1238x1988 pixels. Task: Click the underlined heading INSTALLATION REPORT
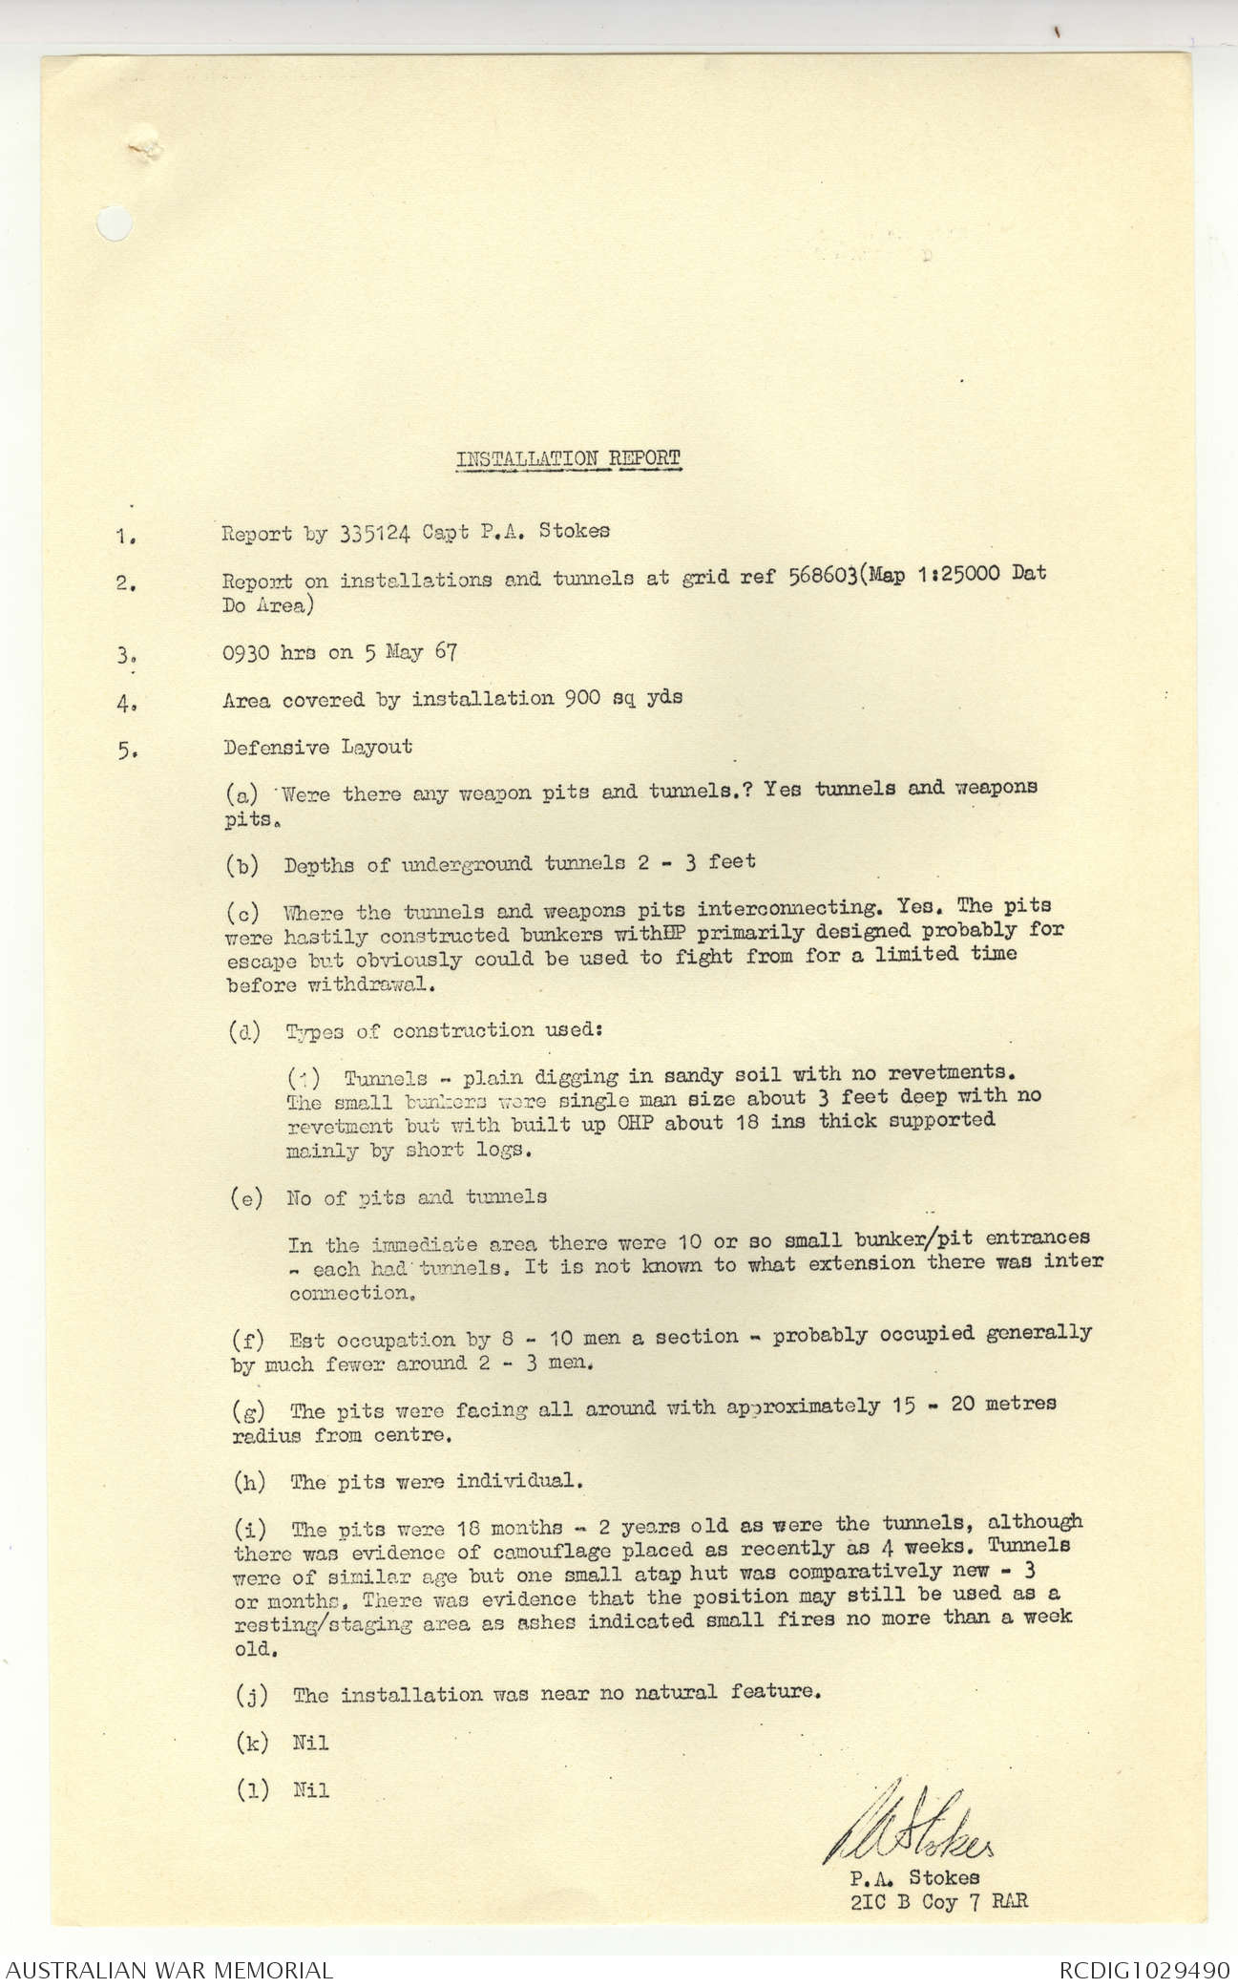click(569, 458)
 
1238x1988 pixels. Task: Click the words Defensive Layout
click(318, 747)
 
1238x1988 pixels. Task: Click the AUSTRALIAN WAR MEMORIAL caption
click(168, 1969)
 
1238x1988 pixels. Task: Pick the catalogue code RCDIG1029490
click(1143, 1969)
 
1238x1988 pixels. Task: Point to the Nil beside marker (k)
click(311, 1743)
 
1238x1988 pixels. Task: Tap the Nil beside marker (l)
click(311, 1790)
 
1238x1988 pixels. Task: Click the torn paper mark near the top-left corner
click(144, 147)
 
